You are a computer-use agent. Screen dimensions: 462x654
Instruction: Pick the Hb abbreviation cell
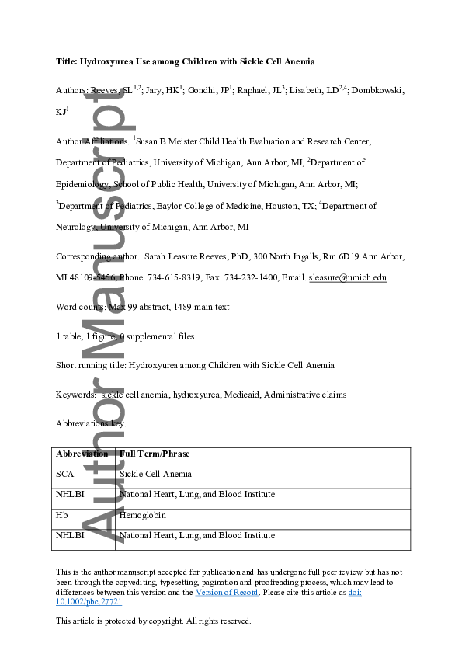[62, 515]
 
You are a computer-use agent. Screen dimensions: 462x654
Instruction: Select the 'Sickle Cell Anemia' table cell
[155, 474]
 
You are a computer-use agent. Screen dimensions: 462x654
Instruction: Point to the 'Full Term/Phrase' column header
[155, 454]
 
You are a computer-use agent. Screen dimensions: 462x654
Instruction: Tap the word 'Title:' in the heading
[68, 61]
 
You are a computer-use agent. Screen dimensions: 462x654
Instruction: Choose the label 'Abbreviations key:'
[91, 423]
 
